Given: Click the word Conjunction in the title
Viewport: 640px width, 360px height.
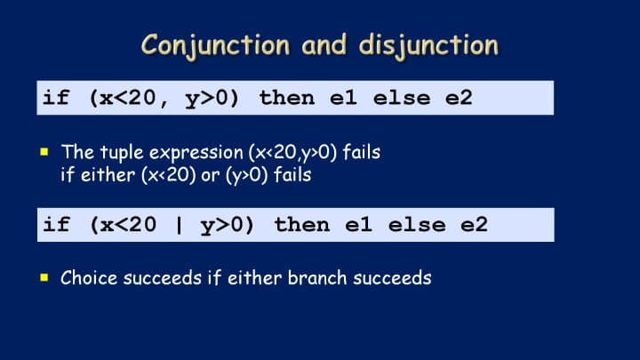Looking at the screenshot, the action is tap(215, 45).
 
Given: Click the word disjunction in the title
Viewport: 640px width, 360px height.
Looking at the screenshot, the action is tap(428, 45).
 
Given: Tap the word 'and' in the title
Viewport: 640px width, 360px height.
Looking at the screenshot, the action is tap(324, 45).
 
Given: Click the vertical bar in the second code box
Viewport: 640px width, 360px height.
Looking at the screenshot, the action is tap(179, 225).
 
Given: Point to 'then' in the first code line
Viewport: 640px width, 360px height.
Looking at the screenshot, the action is tap(287, 99).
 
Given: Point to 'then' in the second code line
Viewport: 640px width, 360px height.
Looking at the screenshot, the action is tap(302, 225).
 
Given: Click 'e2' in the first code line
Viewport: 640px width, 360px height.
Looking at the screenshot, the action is tap(459, 99).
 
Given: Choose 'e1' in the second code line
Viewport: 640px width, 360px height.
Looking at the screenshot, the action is tap(358, 225).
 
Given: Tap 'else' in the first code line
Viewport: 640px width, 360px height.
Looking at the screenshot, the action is tap(402, 99).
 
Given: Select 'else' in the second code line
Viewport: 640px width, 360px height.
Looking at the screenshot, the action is tap(417, 225).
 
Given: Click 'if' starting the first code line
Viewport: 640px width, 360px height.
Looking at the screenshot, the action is tap(56, 98).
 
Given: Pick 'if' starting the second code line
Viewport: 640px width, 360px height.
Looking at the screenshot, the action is tap(56, 225).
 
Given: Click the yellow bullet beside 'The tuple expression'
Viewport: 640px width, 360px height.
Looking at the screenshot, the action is tap(44, 152).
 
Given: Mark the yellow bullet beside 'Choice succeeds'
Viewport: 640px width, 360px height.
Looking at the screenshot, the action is tap(44, 278).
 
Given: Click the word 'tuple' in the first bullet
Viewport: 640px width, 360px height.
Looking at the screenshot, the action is tap(122, 153).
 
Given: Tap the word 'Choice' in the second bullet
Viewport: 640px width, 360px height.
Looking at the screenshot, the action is tap(90, 278).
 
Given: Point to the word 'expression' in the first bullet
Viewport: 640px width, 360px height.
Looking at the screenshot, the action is tap(196, 154).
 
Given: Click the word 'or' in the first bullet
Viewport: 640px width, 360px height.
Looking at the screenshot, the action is tap(211, 176).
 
